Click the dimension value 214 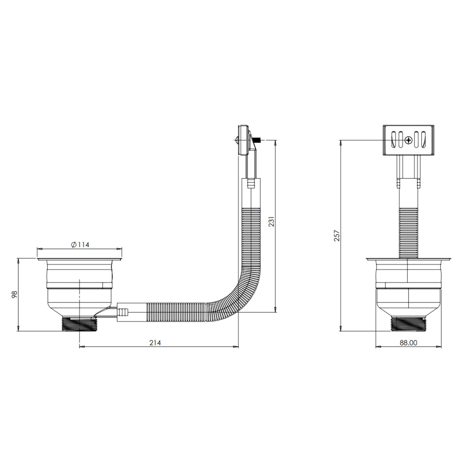click(155, 343)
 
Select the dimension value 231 click(272, 222)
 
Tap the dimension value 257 click(337, 235)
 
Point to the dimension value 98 click(15, 294)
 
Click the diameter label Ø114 click(80, 245)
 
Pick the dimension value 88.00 click(408, 343)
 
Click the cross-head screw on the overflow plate click(408, 140)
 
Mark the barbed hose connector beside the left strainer click(123, 311)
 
